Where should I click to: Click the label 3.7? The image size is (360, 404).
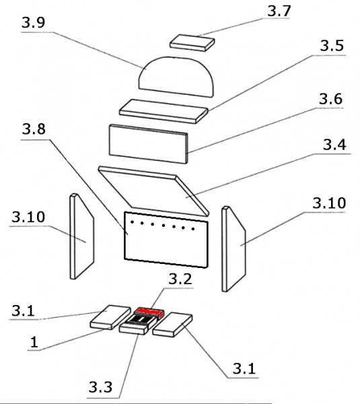click(279, 11)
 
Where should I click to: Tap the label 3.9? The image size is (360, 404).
click(34, 22)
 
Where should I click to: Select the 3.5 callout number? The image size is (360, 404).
click(332, 46)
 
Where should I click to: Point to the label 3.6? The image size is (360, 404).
click(330, 99)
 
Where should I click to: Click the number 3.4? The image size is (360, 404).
click(334, 145)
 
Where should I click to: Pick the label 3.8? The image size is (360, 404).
click(34, 129)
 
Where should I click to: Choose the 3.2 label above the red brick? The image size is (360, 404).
click(180, 279)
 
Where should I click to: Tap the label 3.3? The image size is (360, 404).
click(100, 387)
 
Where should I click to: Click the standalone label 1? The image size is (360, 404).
click(34, 343)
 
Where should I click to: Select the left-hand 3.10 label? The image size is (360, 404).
click(28, 217)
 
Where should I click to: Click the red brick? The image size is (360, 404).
click(150, 312)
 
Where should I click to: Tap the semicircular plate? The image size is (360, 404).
click(176, 77)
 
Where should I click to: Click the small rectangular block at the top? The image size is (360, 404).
click(192, 42)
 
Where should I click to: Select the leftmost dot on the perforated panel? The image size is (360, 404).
click(132, 222)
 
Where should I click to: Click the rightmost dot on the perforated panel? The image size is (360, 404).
click(193, 228)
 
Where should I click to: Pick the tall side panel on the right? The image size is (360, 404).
click(233, 249)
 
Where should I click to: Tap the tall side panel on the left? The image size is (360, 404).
click(82, 236)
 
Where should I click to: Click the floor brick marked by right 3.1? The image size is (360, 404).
click(172, 325)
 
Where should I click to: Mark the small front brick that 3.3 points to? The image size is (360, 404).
click(134, 329)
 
